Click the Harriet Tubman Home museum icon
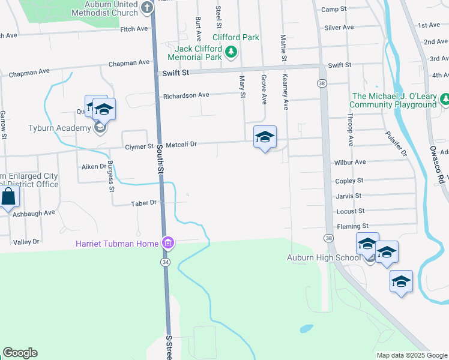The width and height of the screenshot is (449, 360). click(168, 243)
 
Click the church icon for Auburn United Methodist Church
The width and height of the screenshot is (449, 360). click(145, 6)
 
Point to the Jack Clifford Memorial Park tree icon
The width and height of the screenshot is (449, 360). click(231, 53)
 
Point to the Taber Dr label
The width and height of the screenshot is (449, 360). click(144, 203)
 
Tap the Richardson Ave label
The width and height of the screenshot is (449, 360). click(186, 95)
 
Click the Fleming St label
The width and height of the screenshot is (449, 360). click(352, 226)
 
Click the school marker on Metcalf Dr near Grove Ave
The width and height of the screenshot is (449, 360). click(265, 137)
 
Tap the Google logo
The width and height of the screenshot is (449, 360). click(20, 353)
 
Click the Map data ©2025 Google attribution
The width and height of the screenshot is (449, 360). click(411, 355)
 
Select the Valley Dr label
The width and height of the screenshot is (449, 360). click(26, 242)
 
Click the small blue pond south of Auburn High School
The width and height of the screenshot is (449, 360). click(306, 329)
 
